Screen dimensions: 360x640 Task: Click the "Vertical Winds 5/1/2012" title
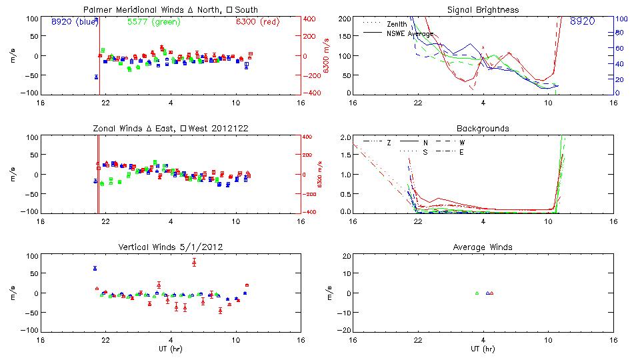(170, 247)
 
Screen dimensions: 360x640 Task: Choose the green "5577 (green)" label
(152, 22)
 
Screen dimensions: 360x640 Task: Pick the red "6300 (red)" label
(257, 22)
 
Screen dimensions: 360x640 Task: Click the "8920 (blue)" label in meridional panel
(75, 22)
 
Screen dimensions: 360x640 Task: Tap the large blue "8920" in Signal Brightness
(583, 22)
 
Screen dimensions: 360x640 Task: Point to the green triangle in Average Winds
(477, 293)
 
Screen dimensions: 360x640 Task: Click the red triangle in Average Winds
(492, 293)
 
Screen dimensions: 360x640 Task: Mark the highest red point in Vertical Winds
(194, 262)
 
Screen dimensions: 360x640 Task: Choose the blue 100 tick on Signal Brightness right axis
(619, 19)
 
